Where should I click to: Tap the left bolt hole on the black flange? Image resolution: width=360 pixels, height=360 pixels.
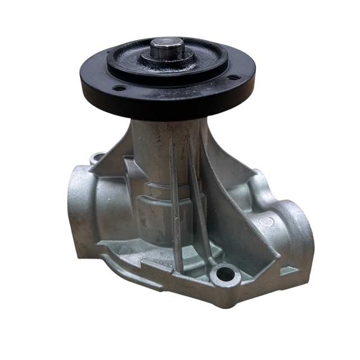118,88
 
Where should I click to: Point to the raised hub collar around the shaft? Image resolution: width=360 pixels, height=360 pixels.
168,57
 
